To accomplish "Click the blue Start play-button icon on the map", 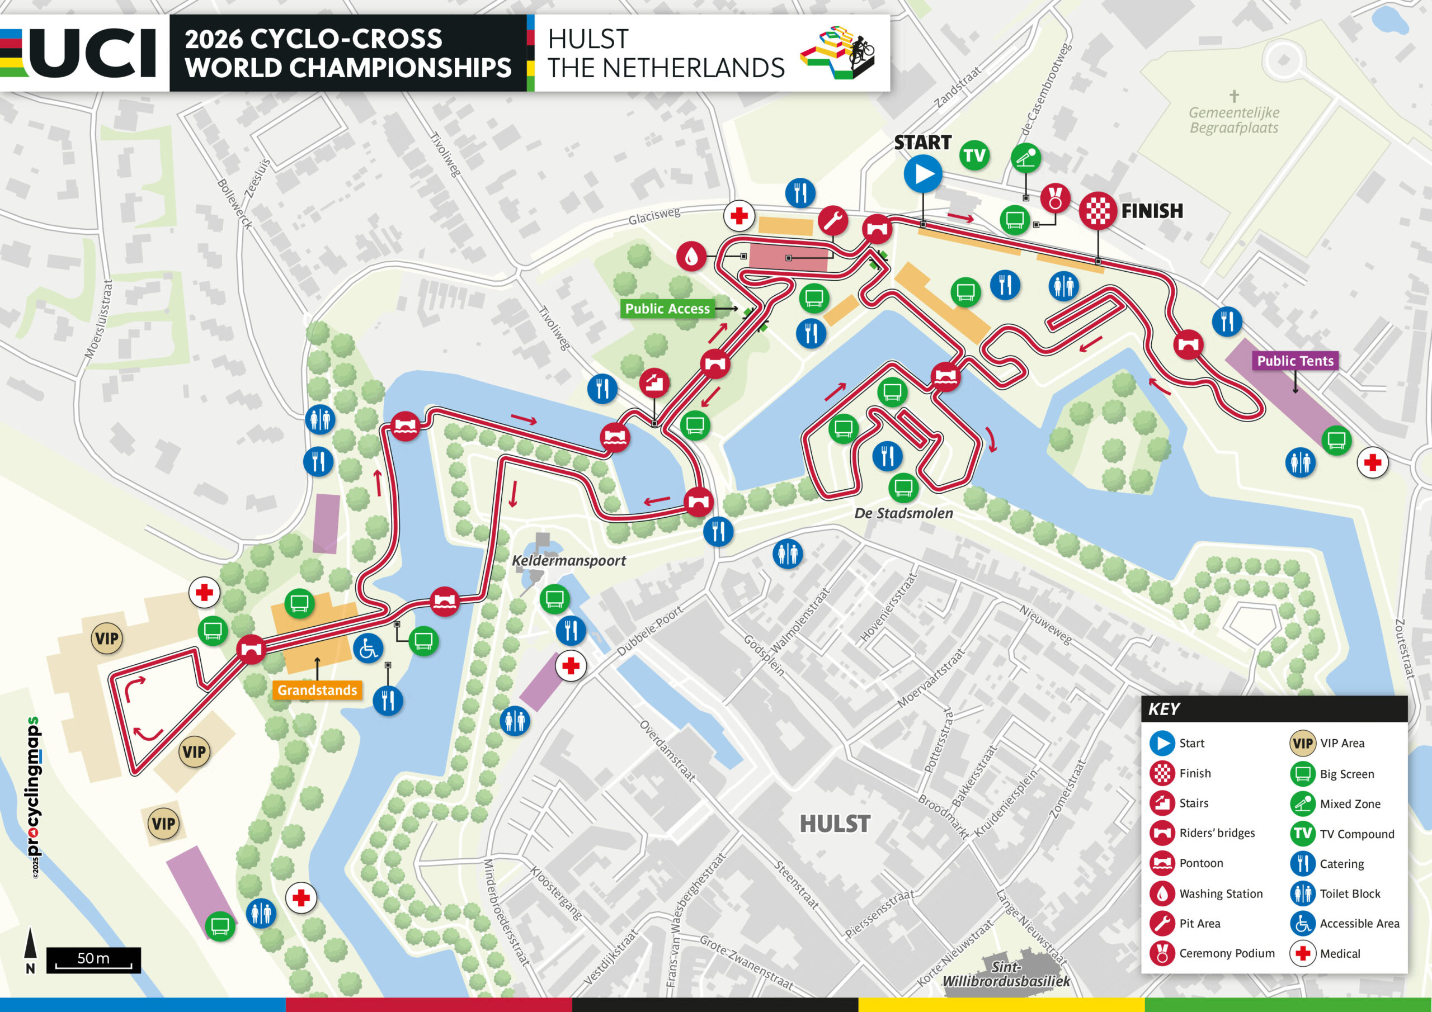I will [923, 174].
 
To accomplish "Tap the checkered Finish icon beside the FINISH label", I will [1097, 211].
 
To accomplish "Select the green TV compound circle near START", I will [974, 155].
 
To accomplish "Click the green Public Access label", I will [667, 309].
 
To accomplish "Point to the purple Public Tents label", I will [1295, 361].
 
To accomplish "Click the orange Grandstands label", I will [317, 689].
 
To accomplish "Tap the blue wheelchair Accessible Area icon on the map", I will [368, 649].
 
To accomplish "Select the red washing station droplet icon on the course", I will [691, 256].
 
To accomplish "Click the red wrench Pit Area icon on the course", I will [833, 220].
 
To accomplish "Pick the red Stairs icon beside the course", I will [654, 383].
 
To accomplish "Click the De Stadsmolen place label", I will [903, 513].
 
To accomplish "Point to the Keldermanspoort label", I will [569, 561].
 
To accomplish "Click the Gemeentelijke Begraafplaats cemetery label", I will [1233, 120].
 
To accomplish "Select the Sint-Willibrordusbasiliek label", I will [1005, 974].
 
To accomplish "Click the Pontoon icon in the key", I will [1162, 863].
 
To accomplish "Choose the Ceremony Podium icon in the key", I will [1162, 953].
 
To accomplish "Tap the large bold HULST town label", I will [835, 824].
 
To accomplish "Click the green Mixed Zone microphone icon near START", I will [1025, 158].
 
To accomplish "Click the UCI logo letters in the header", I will [93, 54].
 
